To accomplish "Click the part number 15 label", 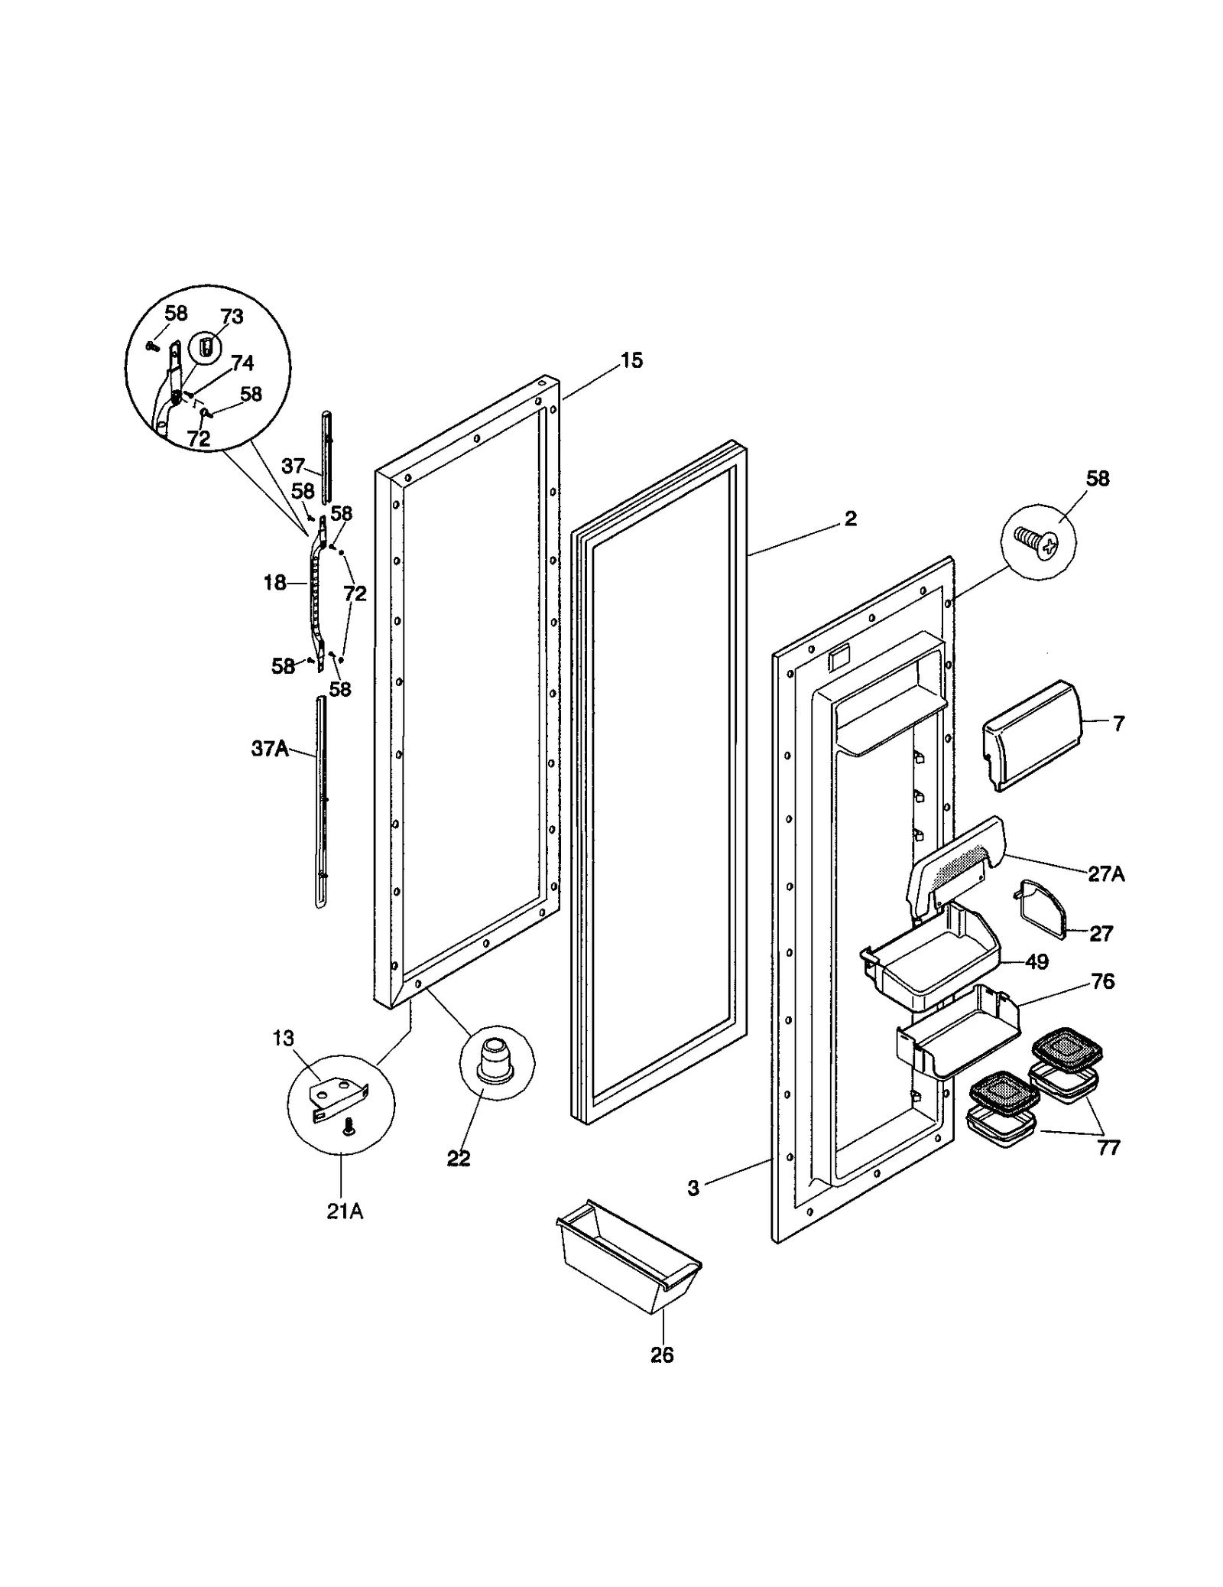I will tap(631, 360).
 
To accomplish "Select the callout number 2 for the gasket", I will tap(851, 519).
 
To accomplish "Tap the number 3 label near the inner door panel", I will tap(693, 1188).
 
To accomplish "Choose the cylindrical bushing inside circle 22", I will tap(495, 1058).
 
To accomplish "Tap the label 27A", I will tap(1106, 873).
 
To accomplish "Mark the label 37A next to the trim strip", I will tap(270, 749).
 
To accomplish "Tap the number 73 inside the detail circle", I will tap(232, 317).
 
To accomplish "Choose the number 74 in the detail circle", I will tap(242, 363).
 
